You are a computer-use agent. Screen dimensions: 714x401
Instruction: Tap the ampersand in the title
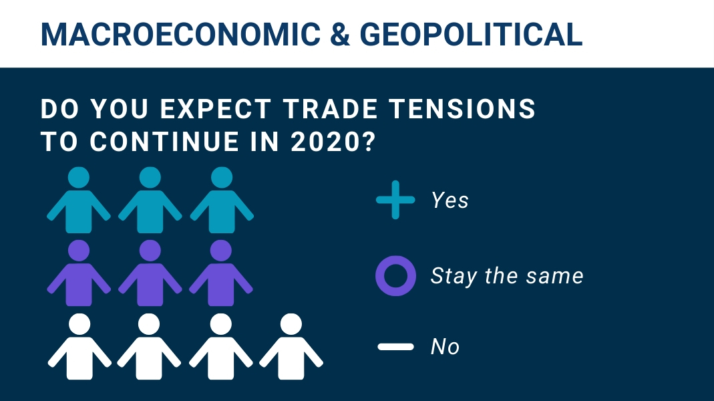tap(340, 34)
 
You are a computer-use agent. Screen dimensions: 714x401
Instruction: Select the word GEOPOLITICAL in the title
tap(472, 34)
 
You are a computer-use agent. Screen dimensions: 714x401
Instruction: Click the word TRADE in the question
tap(330, 109)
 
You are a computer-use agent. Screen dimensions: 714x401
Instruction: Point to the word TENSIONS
tap(463, 109)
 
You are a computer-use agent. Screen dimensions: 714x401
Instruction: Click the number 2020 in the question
tap(327, 142)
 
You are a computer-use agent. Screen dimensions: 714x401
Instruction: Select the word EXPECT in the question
tap(216, 109)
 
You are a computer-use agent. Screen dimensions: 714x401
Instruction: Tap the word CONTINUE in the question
tap(164, 142)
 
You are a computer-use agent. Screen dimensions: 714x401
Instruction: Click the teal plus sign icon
tap(395, 200)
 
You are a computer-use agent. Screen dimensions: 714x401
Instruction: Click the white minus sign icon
tap(395, 347)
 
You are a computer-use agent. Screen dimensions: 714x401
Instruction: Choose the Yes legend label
tap(450, 200)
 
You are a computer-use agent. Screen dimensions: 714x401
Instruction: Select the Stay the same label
tap(507, 275)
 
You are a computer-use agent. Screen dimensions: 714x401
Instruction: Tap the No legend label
tap(445, 347)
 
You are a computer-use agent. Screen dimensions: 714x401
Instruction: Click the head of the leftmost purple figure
tap(79, 251)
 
